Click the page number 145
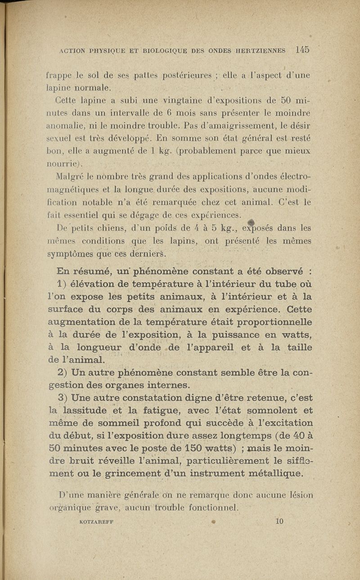coord(302,50)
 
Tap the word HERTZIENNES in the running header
coord(259,51)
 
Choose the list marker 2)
coord(63,373)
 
